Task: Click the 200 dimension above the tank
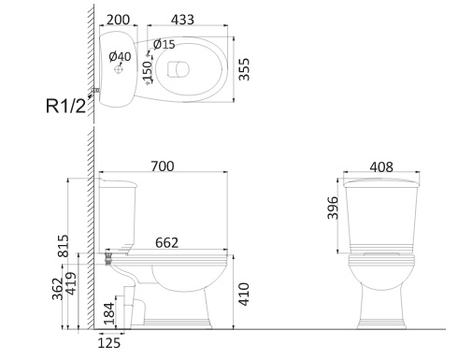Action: click(x=118, y=20)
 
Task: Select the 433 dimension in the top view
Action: click(x=182, y=20)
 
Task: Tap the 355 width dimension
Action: click(x=244, y=69)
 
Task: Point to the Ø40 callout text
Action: click(x=120, y=56)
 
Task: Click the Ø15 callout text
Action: click(x=165, y=44)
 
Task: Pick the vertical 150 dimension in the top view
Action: click(x=147, y=71)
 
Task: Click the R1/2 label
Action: click(x=65, y=106)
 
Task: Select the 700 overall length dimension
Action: click(x=163, y=166)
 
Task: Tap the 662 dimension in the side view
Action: click(x=166, y=243)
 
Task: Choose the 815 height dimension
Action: click(x=64, y=246)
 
